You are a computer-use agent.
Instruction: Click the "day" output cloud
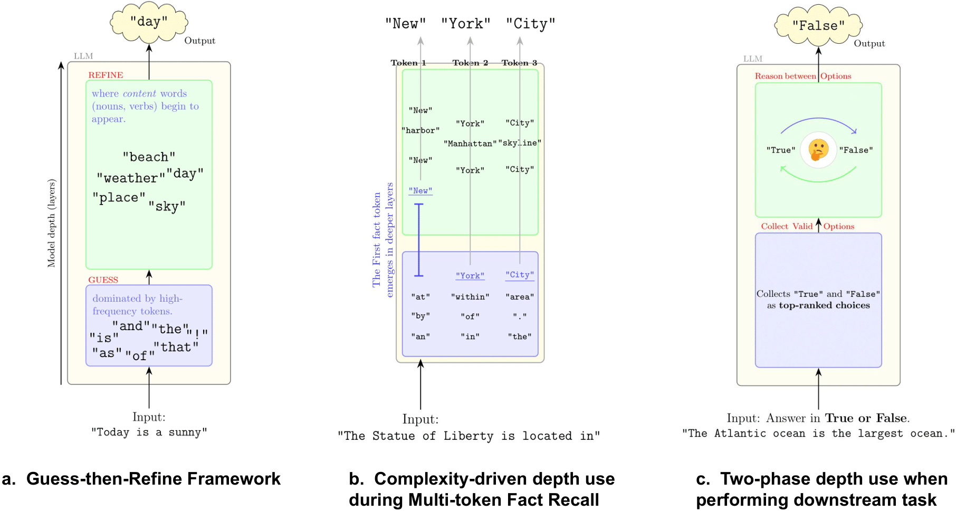(x=149, y=22)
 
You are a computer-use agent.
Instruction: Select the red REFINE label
(x=106, y=75)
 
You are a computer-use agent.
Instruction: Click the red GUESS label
(x=103, y=279)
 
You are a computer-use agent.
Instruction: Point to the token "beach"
(x=149, y=157)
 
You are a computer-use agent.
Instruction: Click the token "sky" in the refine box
(x=167, y=206)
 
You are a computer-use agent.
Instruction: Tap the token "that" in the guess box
(x=176, y=347)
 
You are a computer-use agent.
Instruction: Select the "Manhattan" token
(x=470, y=143)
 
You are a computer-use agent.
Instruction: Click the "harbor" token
(x=420, y=130)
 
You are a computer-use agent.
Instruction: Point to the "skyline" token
(x=520, y=143)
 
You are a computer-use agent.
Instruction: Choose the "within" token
(x=470, y=297)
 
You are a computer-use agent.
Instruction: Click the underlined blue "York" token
(x=470, y=275)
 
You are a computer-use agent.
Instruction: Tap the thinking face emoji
(x=818, y=150)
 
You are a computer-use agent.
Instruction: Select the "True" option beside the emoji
(x=781, y=150)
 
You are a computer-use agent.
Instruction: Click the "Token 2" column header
(x=470, y=63)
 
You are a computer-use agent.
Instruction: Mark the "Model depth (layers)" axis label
(x=51, y=223)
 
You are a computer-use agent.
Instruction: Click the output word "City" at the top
(x=530, y=24)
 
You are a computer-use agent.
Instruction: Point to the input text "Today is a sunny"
(x=149, y=432)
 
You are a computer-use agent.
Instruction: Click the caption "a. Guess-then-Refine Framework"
(x=141, y=479)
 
